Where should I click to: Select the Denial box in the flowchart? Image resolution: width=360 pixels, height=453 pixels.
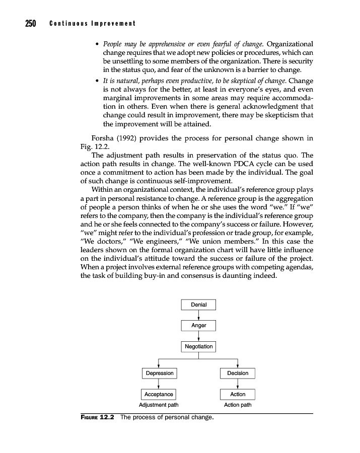click(198, 305)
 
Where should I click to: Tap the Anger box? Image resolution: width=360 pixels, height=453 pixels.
click(198, 326)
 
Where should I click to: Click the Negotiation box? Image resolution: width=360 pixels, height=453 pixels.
click(198, 347)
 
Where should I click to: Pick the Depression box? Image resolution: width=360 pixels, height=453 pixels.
click(159, 373)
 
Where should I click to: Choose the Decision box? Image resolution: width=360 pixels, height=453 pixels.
click(238, 373)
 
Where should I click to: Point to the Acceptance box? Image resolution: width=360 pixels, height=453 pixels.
click(159, 394)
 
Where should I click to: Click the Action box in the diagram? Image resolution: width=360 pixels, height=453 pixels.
click(238, 394)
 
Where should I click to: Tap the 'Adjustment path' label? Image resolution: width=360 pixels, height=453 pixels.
click(159, 405)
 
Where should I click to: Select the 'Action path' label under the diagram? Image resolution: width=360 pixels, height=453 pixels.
click(238, 405)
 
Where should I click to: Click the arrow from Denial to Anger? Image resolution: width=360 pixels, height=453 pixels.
click(199, 315)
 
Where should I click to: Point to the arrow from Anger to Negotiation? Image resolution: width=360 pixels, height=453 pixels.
click(199, 336)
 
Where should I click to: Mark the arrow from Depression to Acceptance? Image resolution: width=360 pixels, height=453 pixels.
click(159, 384)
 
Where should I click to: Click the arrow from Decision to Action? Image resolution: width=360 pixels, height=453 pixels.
click(238, 384)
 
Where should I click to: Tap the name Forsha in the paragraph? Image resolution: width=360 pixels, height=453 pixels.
click(103, 138)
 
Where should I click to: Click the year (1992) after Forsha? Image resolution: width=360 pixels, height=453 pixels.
click(129, 138)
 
